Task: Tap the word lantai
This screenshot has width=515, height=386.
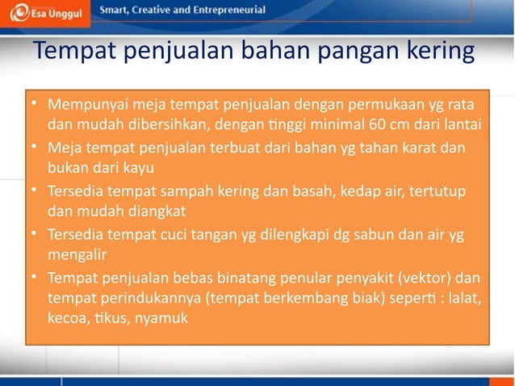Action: [x=461, y=124]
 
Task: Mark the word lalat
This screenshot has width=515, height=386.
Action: [x=466, y=299]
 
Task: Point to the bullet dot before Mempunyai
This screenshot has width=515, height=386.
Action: [x=35, y=104]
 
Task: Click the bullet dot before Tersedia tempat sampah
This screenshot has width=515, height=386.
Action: [x=35, y=191]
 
